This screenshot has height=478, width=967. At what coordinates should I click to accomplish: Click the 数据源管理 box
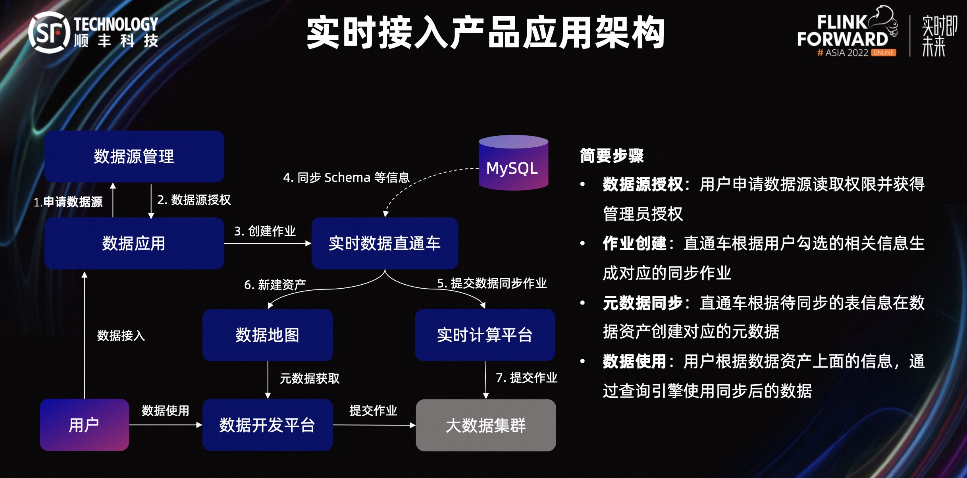[134, 156]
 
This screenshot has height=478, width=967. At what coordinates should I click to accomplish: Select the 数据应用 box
[134, 243]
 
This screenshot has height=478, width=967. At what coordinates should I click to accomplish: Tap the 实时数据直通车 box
[385, 243]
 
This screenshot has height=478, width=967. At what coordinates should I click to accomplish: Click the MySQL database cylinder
[513, 164]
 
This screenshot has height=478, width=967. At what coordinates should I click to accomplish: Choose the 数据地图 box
[268, 335]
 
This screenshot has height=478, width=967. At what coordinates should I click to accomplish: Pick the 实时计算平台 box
[485, 335]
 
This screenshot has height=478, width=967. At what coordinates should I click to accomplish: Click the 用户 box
[84, 425]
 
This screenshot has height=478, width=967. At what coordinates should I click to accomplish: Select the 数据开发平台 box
[268, 425]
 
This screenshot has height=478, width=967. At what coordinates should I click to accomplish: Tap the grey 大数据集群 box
[485, 425]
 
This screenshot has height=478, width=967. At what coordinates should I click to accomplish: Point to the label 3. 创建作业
[265, 231]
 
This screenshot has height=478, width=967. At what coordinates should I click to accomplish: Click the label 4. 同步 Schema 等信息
[346, 177]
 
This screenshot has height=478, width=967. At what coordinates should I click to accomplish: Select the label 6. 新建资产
[275, 284]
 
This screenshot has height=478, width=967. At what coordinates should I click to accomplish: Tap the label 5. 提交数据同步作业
[491, 283]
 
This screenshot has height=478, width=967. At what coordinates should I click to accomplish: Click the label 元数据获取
[310, 378]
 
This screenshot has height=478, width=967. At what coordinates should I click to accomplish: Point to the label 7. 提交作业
[526, 378]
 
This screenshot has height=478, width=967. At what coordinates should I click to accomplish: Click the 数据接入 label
[121, 335]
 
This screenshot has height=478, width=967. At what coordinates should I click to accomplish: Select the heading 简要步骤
[612, 155]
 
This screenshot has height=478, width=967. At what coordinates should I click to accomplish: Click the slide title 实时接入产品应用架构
[485, 33]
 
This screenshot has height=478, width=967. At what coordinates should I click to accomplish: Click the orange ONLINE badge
[883, 53]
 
